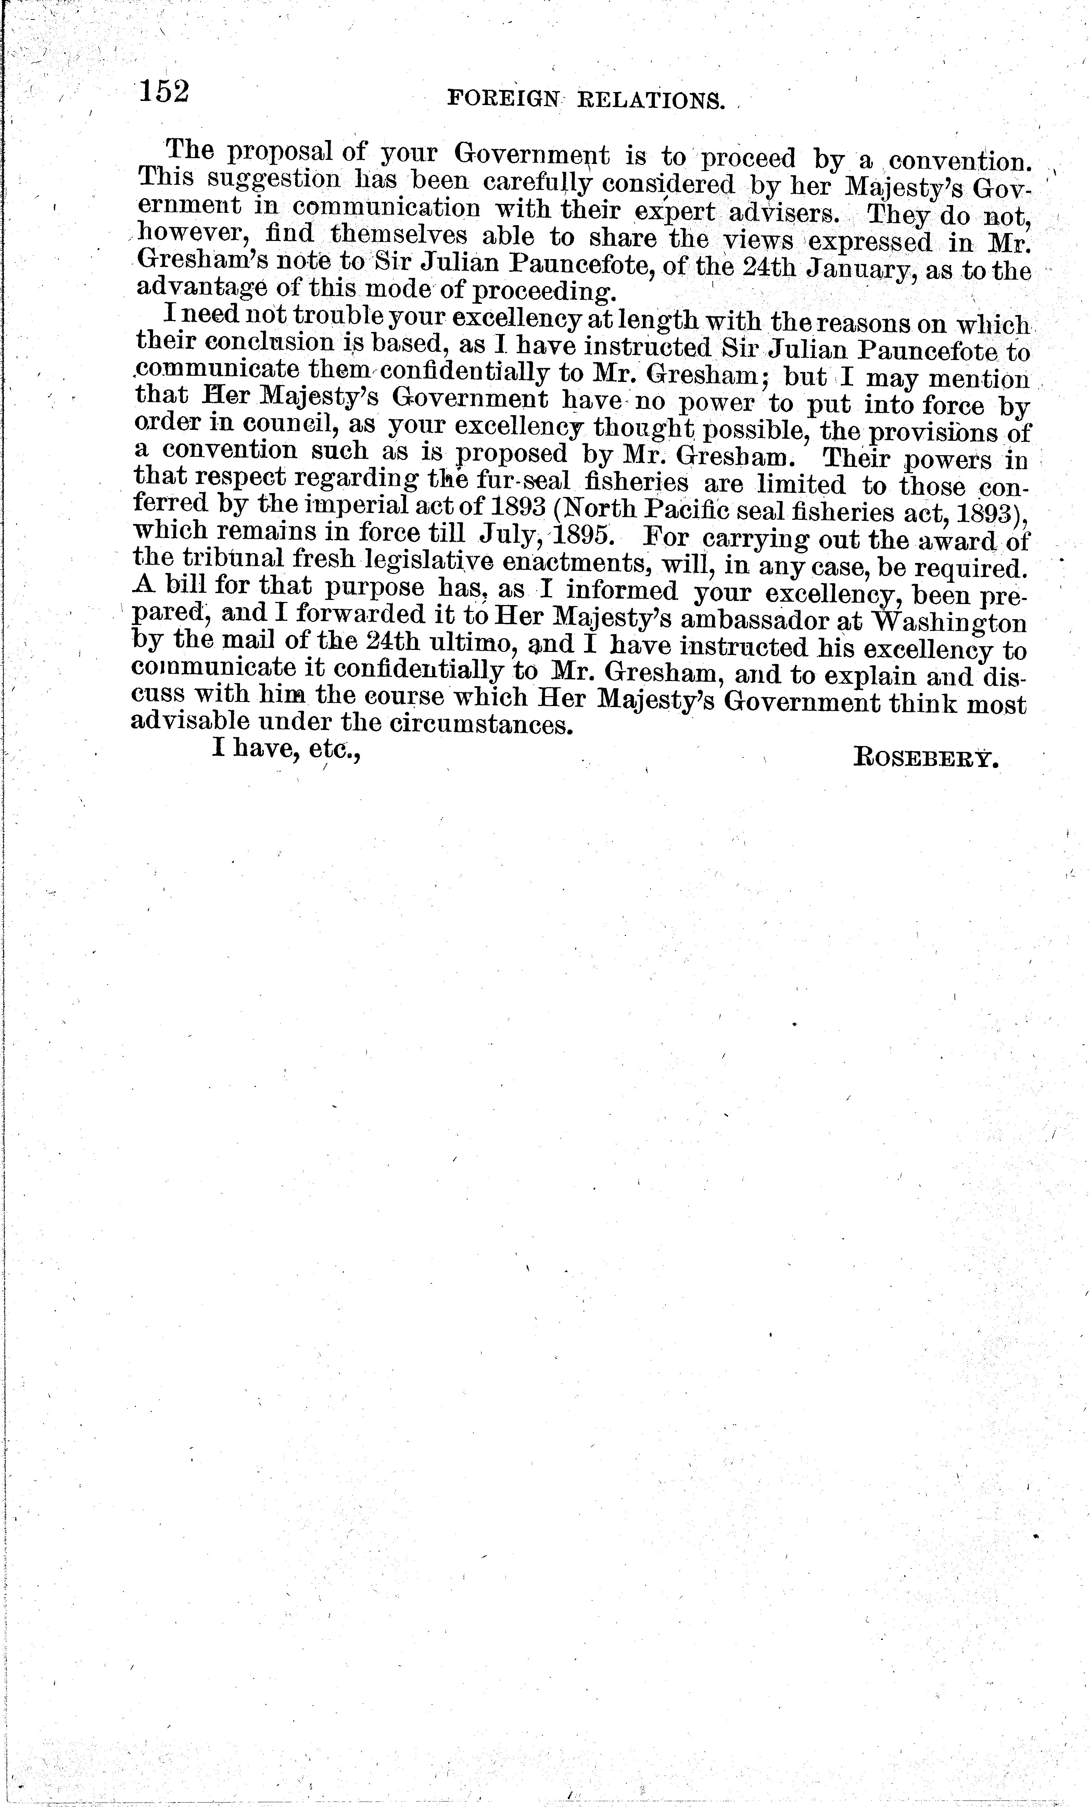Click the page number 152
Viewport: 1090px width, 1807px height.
[x=164, y=92]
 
